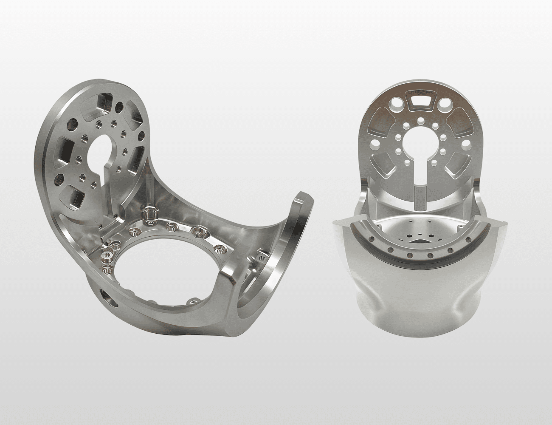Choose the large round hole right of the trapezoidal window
[444, 103]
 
